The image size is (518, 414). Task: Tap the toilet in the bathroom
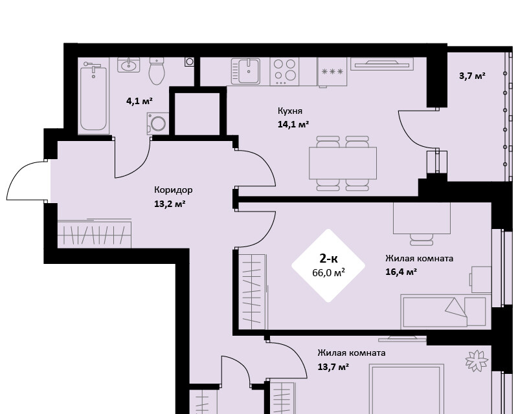(157, 71)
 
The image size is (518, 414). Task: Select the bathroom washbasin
(128, 65)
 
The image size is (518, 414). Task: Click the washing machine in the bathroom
(158, 124)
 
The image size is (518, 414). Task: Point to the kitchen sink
(245, 71)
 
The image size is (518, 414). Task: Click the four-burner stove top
(285, 72)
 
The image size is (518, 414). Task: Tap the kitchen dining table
(343, 163)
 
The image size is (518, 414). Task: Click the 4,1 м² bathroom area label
(139, 101)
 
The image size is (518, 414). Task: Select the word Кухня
(290, 111)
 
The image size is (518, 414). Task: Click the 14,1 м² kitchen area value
(293, 124)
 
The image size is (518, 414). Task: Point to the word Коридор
(174, 190)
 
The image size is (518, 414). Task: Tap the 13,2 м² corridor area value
(170, 204)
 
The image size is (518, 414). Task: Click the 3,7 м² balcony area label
(473, 76)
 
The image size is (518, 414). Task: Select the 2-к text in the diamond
(328, 259)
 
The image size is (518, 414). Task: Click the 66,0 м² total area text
(328, 273)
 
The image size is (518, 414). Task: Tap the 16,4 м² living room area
(401, 272)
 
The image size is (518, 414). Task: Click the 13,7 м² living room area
(333, 367)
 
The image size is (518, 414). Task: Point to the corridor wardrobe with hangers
(95, 234)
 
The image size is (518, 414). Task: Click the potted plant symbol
(477, 360)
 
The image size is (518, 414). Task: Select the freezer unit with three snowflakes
(332, 72)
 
